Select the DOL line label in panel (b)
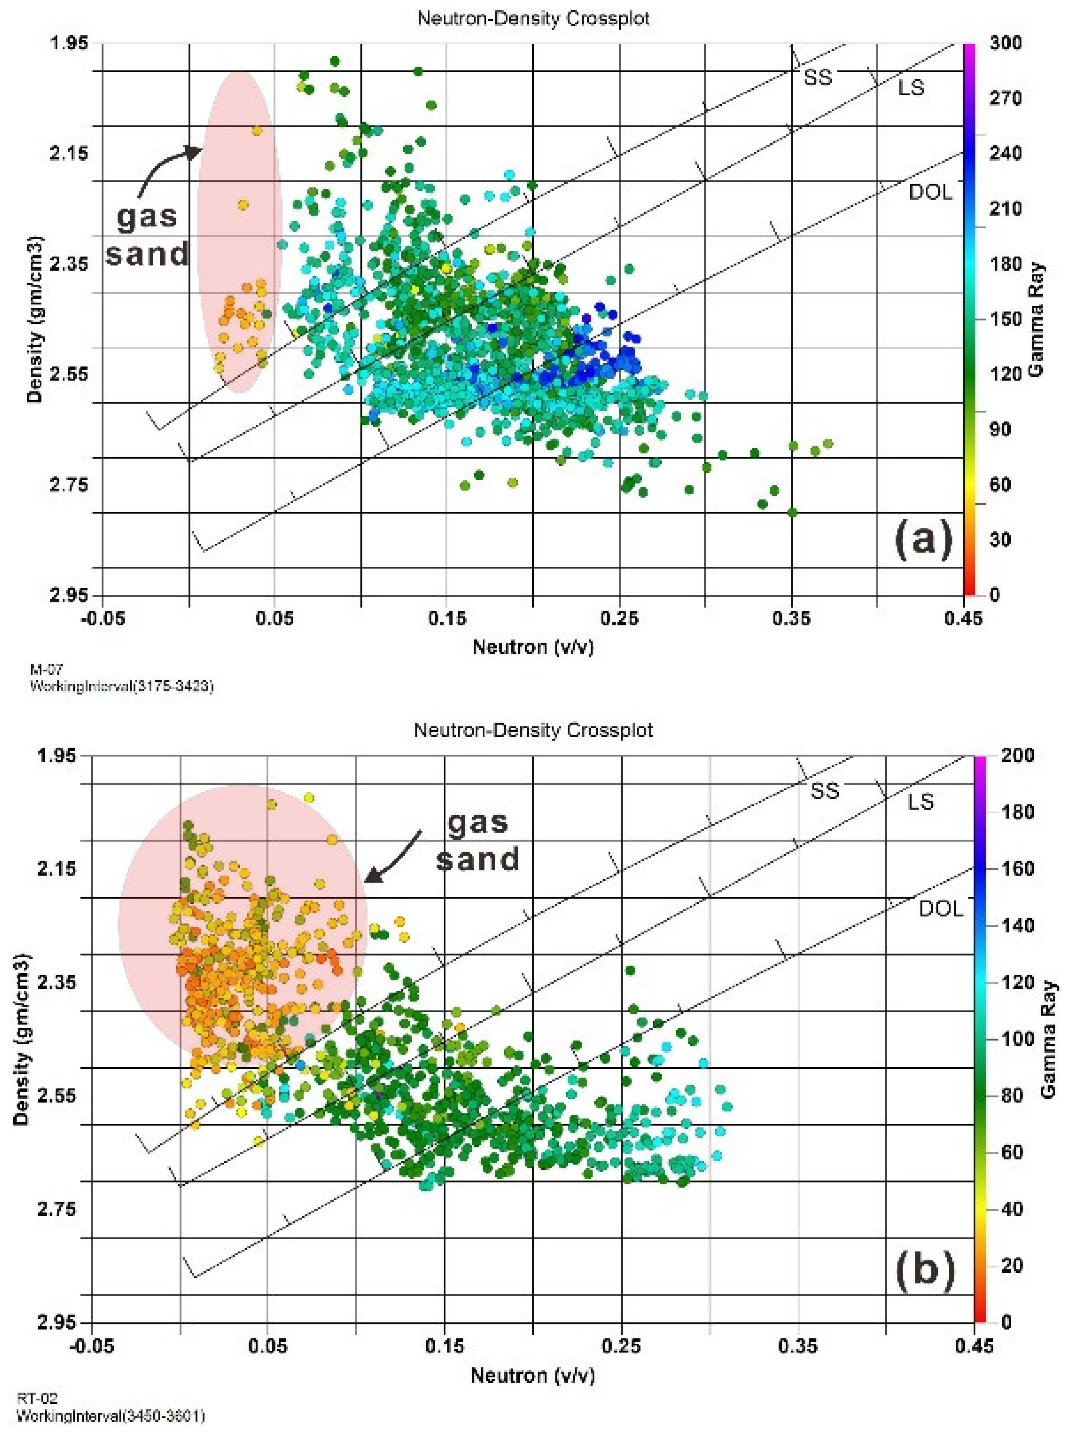click(941, 909)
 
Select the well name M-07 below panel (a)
click(45, 671)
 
